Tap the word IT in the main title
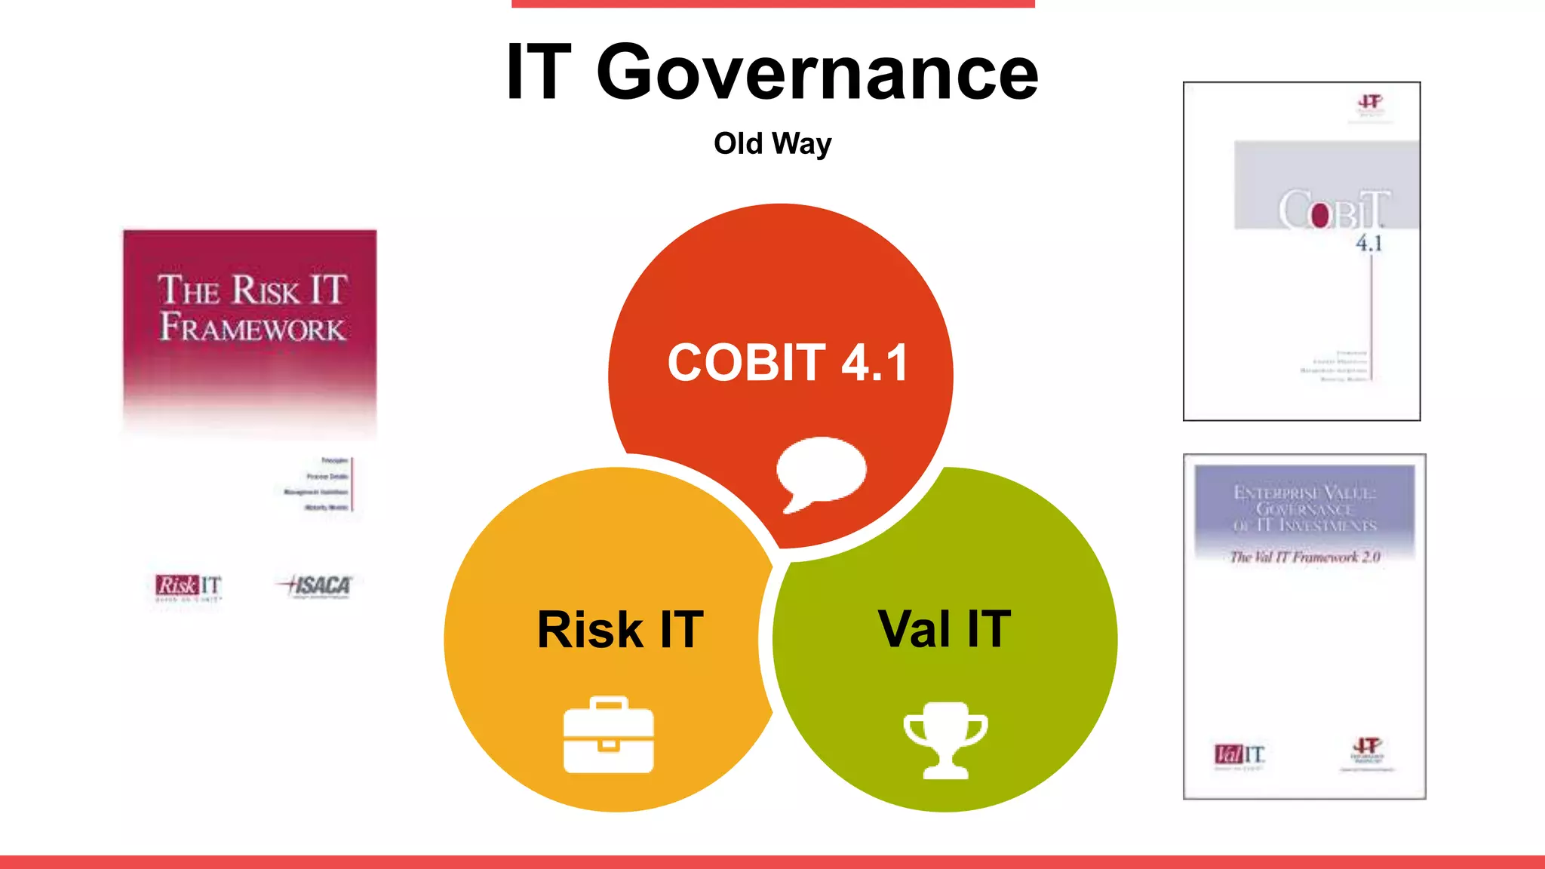point(539,73)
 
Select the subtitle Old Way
point(772,143)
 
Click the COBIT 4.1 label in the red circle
point(788,363)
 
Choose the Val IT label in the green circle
point(944,628)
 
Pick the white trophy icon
point(945,739)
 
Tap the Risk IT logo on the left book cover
point(189,586)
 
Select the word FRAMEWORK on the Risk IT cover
point(252,328)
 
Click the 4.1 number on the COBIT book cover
point(1368,244)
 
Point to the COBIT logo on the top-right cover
point(1333,210)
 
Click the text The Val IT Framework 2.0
point(1304,557)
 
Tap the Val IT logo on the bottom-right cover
point(1239,754)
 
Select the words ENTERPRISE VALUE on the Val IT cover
point(1304,493)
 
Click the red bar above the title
point(772,4)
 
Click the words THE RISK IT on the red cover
point(252,290)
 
